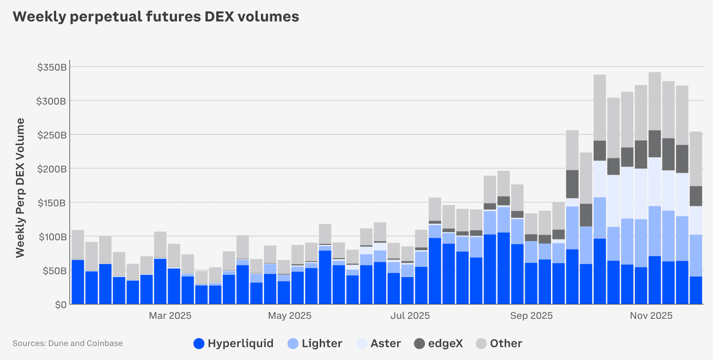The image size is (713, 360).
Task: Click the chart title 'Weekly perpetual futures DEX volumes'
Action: click(155, 17)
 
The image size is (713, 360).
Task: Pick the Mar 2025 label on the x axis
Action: click(170, 316)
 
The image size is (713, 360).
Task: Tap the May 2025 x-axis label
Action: click(289, 316)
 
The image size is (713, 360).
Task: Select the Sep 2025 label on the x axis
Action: click(531, 316)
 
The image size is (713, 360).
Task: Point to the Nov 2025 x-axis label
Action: click(651, 316)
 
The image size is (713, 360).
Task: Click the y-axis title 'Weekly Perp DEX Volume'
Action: click(20, 188)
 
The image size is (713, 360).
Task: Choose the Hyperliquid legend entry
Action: click(233, 344)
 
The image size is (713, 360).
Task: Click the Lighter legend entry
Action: click(315, 344)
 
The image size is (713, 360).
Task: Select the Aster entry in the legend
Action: click(378, 344)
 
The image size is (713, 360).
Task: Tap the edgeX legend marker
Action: click(420, 344)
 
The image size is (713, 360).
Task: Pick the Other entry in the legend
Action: click(499, 344)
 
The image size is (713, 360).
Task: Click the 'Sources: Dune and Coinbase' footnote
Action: click(67, 344)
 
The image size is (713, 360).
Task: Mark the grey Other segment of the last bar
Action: click(696, 159)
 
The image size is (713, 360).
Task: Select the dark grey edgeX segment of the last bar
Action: click(696, 196)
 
